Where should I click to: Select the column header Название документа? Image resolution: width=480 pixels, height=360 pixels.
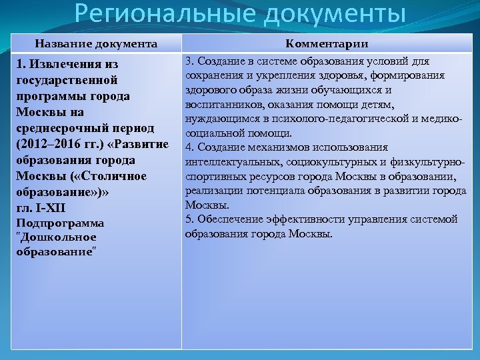97,44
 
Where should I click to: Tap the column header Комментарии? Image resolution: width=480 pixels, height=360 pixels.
327,44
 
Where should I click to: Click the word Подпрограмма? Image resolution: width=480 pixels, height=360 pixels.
59,223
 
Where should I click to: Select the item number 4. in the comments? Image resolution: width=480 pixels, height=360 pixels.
189,147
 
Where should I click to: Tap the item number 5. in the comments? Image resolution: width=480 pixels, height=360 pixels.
189,219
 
